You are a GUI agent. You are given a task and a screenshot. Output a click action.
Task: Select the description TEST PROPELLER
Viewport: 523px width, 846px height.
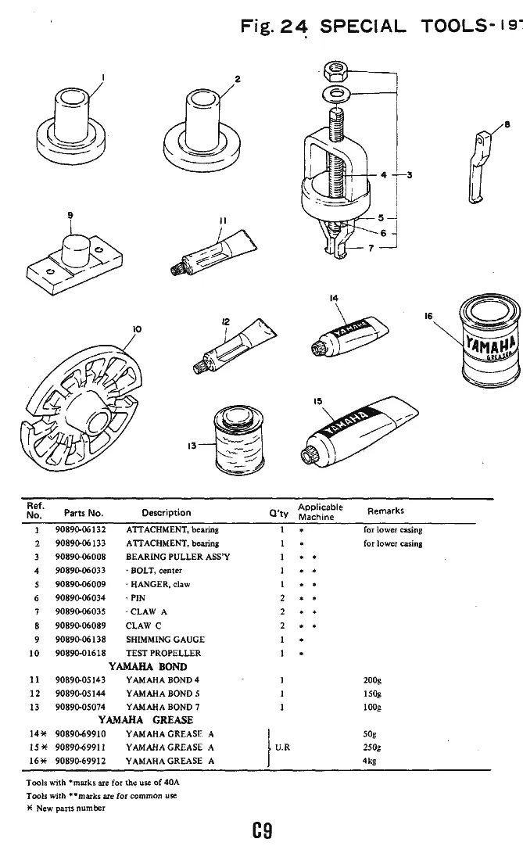(x=163, y=653)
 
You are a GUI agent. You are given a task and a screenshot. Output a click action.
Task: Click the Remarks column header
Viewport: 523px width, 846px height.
(x=385, y=511)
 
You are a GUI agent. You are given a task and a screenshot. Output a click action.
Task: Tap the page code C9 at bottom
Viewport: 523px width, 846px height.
(x=261, y=827)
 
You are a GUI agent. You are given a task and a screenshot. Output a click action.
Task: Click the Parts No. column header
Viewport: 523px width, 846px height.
(x=84, y=513)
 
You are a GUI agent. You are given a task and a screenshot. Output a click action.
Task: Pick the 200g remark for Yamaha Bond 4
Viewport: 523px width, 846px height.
(x=371, y=679)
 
